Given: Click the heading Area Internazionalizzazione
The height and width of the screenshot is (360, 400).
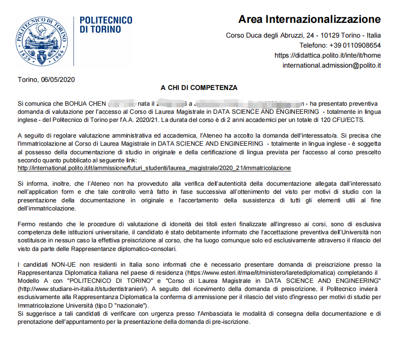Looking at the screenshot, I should [309, 20].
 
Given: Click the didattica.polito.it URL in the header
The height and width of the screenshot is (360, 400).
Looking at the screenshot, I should [328, 55].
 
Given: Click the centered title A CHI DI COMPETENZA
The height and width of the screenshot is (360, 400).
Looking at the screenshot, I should [199, 88].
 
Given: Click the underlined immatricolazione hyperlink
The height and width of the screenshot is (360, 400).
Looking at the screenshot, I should [154, 168].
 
